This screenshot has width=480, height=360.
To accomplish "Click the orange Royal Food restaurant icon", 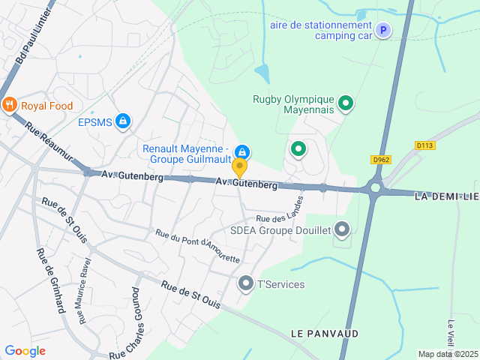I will [x=10, y=106].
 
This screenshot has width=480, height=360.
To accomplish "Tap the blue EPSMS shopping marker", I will [x=123, y=121].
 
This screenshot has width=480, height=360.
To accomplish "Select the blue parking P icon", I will [x=383, y=31].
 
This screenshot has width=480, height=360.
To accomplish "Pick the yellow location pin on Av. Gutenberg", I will [x=239, y=167].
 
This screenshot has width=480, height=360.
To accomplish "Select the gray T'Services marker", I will [x=245, y=283].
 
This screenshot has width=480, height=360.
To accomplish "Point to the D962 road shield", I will [x=382, y=159].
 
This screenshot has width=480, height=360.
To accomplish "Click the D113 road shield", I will [x=424, y=145].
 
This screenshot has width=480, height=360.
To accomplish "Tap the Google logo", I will [x=25, y=350].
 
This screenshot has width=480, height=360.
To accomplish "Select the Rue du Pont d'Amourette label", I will [x=197, y=247].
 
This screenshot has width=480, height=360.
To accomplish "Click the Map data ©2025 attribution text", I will [x=447, y=354].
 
